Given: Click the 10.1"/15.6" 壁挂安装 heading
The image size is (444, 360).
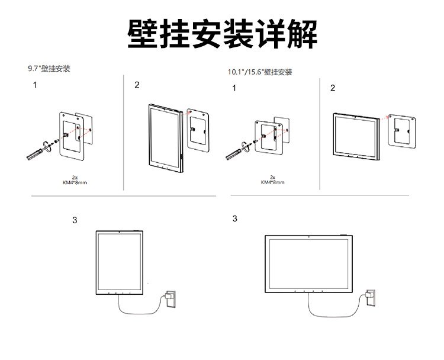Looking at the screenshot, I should point(260,72).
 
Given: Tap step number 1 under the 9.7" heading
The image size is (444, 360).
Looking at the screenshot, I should point(35,85).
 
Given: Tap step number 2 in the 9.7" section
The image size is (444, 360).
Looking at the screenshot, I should point(137,85).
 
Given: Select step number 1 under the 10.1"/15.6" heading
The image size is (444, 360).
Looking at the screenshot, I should point(234,88).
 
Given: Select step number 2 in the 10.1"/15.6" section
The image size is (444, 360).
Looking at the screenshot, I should point(332,88).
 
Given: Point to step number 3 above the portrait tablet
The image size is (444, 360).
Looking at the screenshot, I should point(74,220).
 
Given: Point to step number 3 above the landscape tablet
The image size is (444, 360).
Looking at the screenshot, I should point(234,218).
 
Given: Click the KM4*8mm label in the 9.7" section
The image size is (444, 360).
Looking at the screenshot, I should point(75,181).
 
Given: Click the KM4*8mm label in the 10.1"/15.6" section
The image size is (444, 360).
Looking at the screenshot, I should point(272,182).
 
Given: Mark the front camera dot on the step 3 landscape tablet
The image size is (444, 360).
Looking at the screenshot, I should point(309,236).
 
